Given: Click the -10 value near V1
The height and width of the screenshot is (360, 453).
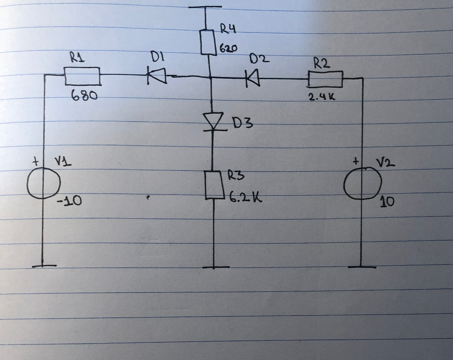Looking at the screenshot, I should [x=69, y=202].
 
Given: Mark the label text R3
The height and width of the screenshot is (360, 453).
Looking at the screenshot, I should [x=236, y=176].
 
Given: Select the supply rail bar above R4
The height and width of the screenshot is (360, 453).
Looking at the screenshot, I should [x=205, y=7].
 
